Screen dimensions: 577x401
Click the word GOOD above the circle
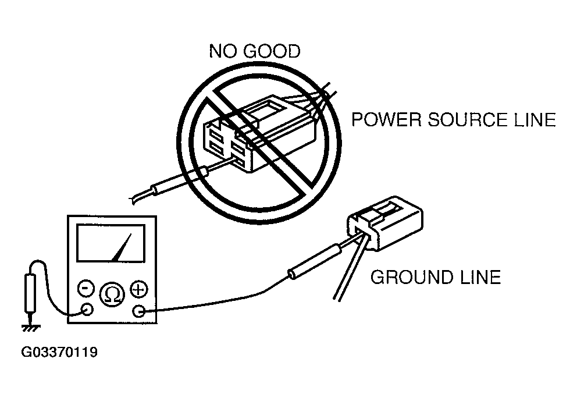coord(272,51)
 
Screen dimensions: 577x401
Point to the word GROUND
coord(411,277)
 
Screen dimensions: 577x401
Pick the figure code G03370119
coord(59,352)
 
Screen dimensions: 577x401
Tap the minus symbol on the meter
coord(86,288)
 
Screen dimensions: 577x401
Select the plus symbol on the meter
coord(139,289)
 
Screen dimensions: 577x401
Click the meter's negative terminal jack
coord(87,309)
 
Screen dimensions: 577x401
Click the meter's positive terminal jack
coord(138,311)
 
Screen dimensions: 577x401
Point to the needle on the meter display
coord(122,247)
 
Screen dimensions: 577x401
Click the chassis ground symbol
coord(31,327)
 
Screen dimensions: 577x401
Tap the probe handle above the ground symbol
coord(30,293)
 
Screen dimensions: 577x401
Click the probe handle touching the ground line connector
coord(316,261)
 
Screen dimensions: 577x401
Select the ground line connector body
coord(385,223)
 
